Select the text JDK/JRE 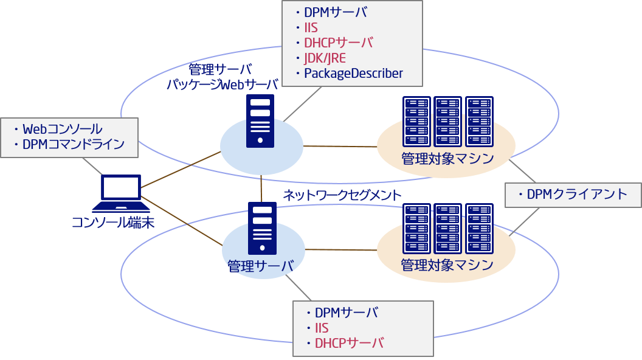pos(325,58)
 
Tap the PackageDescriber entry pos(353,74)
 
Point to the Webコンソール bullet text pos(62,129)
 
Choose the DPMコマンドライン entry pos(73,145)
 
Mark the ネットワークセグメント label pos(342,195)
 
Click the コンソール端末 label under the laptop pos(113,223)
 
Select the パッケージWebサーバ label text pos(223,85)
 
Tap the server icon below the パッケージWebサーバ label pos(260,121)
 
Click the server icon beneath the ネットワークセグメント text pos(262,228)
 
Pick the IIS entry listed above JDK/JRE pos(311,28)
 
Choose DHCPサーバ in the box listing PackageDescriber pos(338,43)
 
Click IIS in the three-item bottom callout pos(322,328)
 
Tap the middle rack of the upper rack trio pos(447,122)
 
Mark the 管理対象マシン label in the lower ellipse pos(447,266)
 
